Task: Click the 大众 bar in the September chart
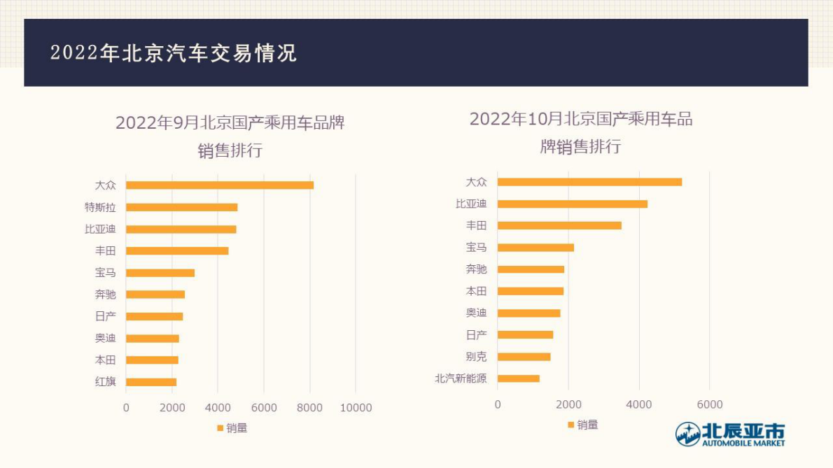pyautogui.click(x=220, y=185)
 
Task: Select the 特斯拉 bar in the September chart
pyautogui.click(x=182, y=207)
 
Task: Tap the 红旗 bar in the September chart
pyautogui.click(x=151, y=382)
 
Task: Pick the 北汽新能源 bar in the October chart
pyautogui.click(x=519, y=378)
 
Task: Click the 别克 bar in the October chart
pyautogui.click(x=524, y=357)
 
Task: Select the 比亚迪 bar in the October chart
pyautogui.click(x=573, y=204)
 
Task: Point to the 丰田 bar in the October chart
pyautogui.click(x=559, y=225)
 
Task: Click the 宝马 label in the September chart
pyautogui.click(x=106, y=273)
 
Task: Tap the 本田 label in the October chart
pyautogui.click(x=476, y=291)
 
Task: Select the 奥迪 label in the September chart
pyautogui.click(x=106, y=339)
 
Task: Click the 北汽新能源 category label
pyautogui.click(x=461, y=378)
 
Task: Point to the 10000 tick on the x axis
pyautogui.click(x=356, y=408)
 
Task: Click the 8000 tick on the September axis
pyautogui.click(x=309, y=408)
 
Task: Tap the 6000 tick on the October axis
pyautogui.click(x=709, y=404)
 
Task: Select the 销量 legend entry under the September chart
pyautogui.click(x=232, y=428)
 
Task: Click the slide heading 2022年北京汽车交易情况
pyautogui.click(x=174, y=53)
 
